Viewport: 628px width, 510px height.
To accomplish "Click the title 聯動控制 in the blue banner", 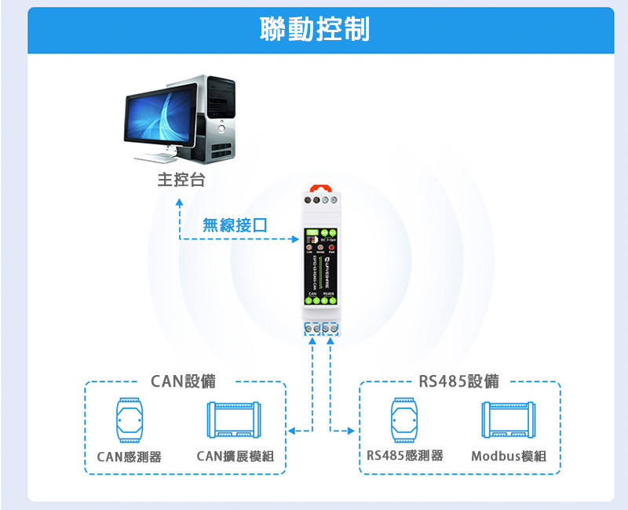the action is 314,30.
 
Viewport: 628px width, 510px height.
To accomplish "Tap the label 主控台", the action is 181,180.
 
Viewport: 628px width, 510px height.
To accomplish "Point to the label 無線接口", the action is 235,225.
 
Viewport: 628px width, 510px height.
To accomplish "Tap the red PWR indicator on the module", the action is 332,246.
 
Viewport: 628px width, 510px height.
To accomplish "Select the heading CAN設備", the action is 183,381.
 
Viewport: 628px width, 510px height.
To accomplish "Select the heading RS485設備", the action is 458,381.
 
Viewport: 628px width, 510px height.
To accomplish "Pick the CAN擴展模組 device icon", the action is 235,421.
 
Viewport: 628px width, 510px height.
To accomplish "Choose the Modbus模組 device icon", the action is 509,421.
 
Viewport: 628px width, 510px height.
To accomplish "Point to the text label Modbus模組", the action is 509,457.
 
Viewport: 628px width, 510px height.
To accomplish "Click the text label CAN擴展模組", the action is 235,457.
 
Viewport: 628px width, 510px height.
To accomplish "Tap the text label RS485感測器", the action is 405,455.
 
